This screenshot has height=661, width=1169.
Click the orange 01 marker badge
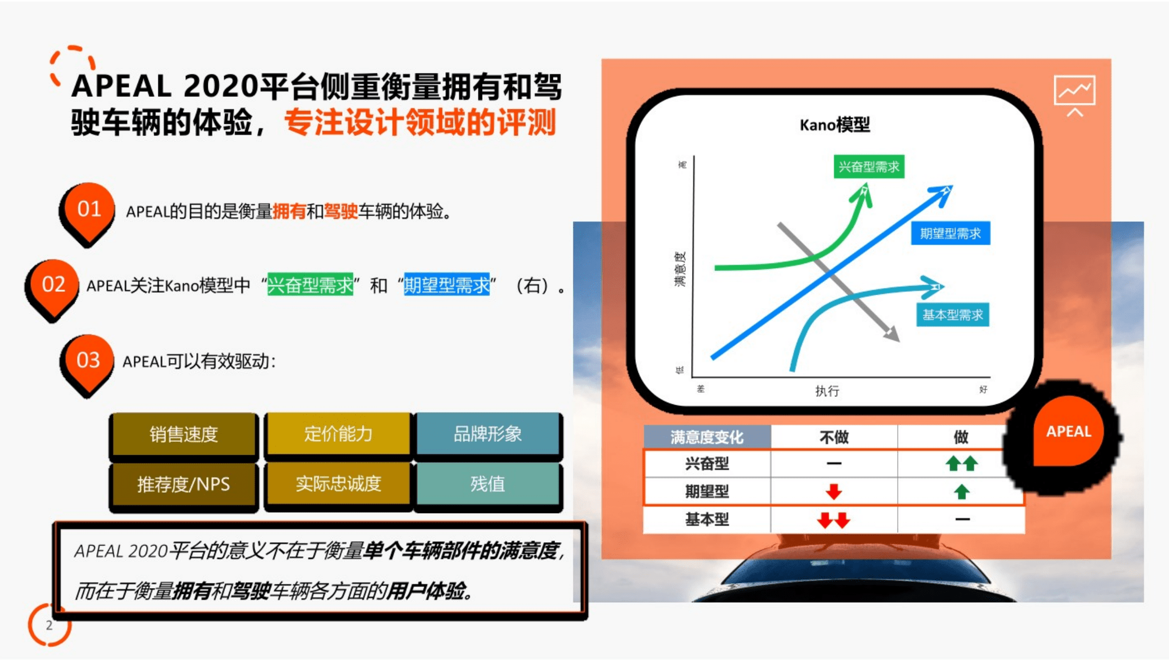(89, 209)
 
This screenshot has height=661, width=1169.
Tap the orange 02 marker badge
(53, 285)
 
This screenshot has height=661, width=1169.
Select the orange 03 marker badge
(88, 360)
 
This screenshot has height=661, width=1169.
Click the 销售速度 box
(183, 434)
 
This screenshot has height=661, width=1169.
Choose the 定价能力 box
(338, 433)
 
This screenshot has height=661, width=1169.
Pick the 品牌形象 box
(487, 433)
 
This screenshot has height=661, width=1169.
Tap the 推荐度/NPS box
(183, 484)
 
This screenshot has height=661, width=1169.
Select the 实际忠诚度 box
(338, 484)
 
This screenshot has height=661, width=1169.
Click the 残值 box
(487, 484)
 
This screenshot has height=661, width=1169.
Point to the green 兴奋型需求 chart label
(869, 167)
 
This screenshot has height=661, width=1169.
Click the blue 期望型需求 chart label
(950, 233)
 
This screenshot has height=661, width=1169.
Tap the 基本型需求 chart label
(952, 315)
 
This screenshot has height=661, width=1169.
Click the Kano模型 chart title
(835, 125)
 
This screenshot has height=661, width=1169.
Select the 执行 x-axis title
(827, 391)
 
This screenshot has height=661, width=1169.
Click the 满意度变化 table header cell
(707, 437)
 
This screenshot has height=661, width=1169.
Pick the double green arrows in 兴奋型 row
(961, 463)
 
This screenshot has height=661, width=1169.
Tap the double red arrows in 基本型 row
(834, 520)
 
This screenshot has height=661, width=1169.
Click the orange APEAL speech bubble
(1068, 432)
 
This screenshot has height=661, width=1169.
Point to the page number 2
(49, 625)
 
